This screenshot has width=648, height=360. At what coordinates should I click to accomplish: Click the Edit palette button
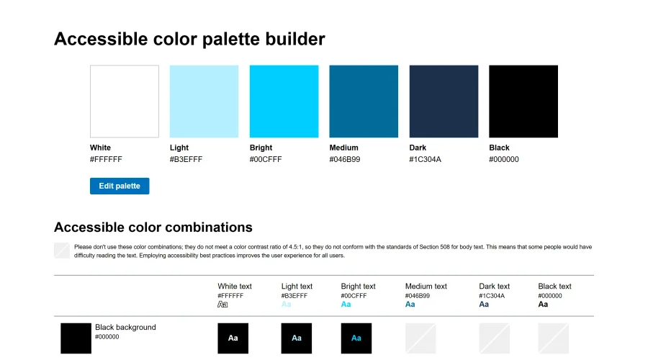tap(120, 186)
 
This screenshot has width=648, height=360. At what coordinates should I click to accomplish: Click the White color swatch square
tap(125, 102)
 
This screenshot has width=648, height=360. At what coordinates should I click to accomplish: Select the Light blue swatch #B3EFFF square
tap(204, 102)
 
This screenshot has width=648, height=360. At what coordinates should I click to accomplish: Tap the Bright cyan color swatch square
tap(284, 102)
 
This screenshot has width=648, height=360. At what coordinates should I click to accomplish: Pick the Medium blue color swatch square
tap(364, 102)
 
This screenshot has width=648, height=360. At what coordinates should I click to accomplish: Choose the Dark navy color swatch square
tap(444, 102)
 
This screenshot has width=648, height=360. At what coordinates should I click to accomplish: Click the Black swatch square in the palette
tap(523, 102)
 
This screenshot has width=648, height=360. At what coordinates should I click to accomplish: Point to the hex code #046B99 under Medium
tap(345, 159)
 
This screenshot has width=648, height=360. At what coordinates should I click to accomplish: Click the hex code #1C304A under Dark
tap(426, 159)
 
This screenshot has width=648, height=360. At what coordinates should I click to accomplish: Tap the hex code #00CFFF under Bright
tap(266, 159)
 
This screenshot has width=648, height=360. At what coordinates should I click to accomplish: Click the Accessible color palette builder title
tap(189, 39)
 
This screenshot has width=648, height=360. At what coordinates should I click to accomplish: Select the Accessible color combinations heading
tap(153, 228)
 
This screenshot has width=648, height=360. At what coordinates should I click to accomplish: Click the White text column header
tap(235, 287)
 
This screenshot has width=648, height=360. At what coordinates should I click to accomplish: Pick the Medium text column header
tap(426, 287)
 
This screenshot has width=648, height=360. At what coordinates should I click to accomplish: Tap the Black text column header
tap(554, 287)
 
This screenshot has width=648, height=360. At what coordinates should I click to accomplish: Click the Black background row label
tap(125, 327)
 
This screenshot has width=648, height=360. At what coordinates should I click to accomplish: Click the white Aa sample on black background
tap(233, 338)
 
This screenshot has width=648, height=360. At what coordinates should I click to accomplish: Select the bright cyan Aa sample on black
tap(356, 338)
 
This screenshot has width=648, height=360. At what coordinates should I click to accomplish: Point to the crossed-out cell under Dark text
tap(494, 338)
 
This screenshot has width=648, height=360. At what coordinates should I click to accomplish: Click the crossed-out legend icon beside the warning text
tap(62, 251)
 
